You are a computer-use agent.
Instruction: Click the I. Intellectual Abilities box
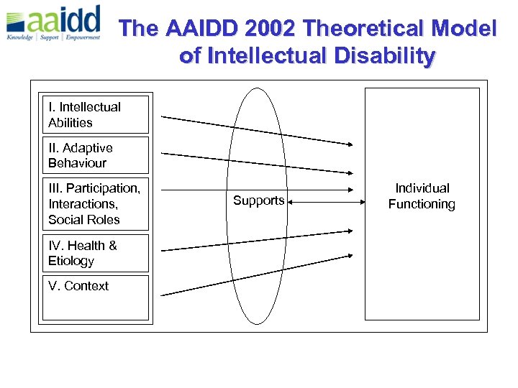tap(94, 115)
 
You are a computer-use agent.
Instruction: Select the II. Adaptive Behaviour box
tap(94, 155)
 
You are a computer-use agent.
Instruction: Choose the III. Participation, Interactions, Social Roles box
tap(94, 204)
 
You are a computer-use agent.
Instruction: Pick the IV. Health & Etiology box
tap(94, 253)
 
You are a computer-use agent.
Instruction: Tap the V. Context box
tap(94, 297)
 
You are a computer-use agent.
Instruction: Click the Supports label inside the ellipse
tap(258, 200)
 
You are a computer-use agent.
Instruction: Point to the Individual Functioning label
tap(422, 196)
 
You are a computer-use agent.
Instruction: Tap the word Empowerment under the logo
tap(83, 37)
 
